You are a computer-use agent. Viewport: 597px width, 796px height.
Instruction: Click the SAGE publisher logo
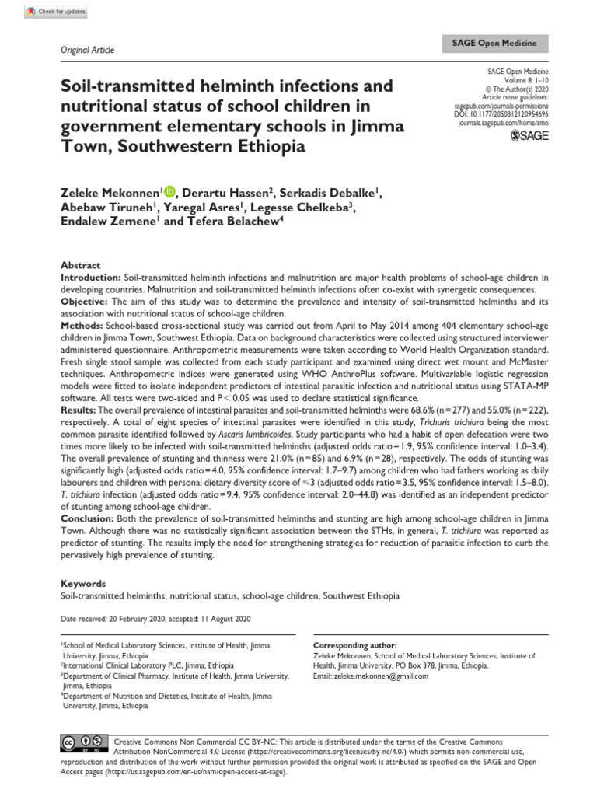[527, 137]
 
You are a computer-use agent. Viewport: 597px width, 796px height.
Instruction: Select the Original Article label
[87, 50]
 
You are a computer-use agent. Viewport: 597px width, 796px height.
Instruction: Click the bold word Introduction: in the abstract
[91, 277]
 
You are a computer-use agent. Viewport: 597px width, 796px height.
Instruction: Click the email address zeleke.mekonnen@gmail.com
[370, 676]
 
